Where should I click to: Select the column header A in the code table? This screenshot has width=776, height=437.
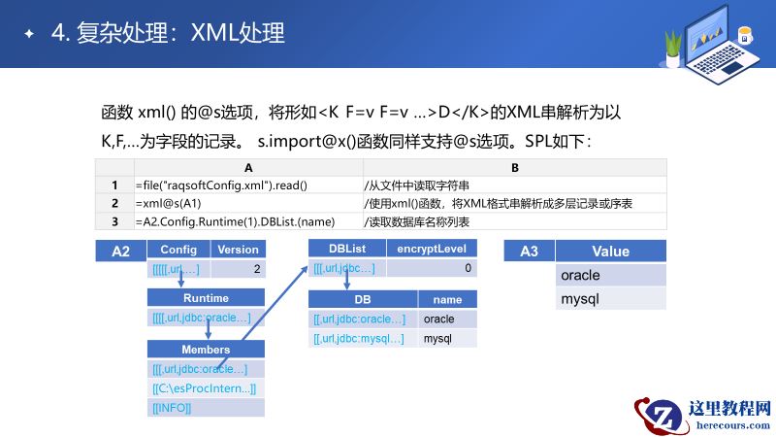pos(248,168)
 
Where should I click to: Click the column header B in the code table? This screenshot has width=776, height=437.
pos(514,168)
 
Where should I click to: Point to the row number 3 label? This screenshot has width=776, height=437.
pos(114,220)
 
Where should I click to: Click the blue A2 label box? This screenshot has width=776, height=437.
pos(120,252)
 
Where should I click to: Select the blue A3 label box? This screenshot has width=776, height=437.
pos(529,252)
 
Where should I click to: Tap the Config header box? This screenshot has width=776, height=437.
pos(178,250)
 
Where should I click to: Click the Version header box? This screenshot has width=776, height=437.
pos(236,250)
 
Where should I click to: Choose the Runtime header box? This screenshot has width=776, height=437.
pos(206,298)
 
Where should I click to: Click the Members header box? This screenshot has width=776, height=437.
pos(206,350)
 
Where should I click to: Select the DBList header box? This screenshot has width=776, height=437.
pos(346,250)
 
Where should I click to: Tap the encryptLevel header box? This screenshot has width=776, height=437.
pos(432,250)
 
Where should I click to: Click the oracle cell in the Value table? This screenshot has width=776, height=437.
pos(611,275)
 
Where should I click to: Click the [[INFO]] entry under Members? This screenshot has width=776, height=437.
pos(206,408)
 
